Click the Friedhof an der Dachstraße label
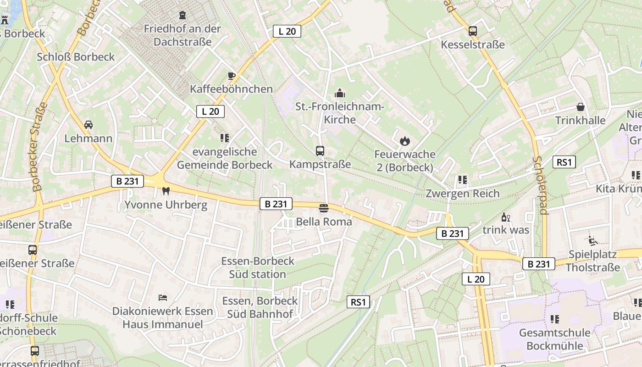(x=183, y=35)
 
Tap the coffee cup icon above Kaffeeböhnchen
(x=232, y=76)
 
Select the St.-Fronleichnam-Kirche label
(x=340, y=113)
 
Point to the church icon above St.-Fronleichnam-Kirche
(x=340, y=93)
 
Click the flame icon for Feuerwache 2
(x=404, y=141)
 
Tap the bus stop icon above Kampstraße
(x=320, y=150)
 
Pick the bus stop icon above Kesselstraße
(x=473, y=31)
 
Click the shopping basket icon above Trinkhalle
(x=581, y=107)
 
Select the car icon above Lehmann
(x=89, y=125)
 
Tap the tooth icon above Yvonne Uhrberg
(x=166, y=191)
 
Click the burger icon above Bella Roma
(x=324, y=208)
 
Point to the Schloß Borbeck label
(x=76, y=57)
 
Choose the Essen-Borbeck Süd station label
(x=258, y=267)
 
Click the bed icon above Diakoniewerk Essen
(x=163, y=298)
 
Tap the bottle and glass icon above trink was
(x=506, y=217)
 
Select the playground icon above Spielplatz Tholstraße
(x=593, y=240)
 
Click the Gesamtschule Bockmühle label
(x=554, y=339)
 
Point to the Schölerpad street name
(x=541, y=185)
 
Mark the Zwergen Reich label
(x=462, y=193)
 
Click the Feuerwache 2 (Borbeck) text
(x=404, y=161)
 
